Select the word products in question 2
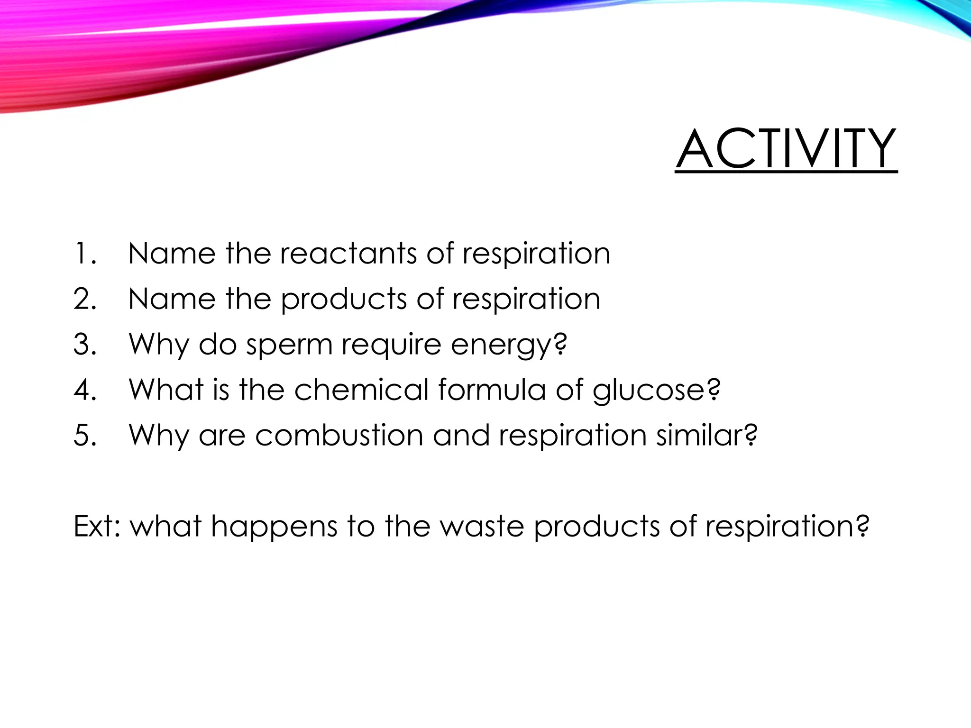tap(344, 299)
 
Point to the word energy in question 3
tap(508, 345)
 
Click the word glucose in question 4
tap(656, 390)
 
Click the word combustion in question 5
tap(339, 435)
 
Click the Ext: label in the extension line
tap(97, 526)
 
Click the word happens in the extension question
tap(274, 527)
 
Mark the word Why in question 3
tap(159, 345)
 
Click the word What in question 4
tap(166, 390)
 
